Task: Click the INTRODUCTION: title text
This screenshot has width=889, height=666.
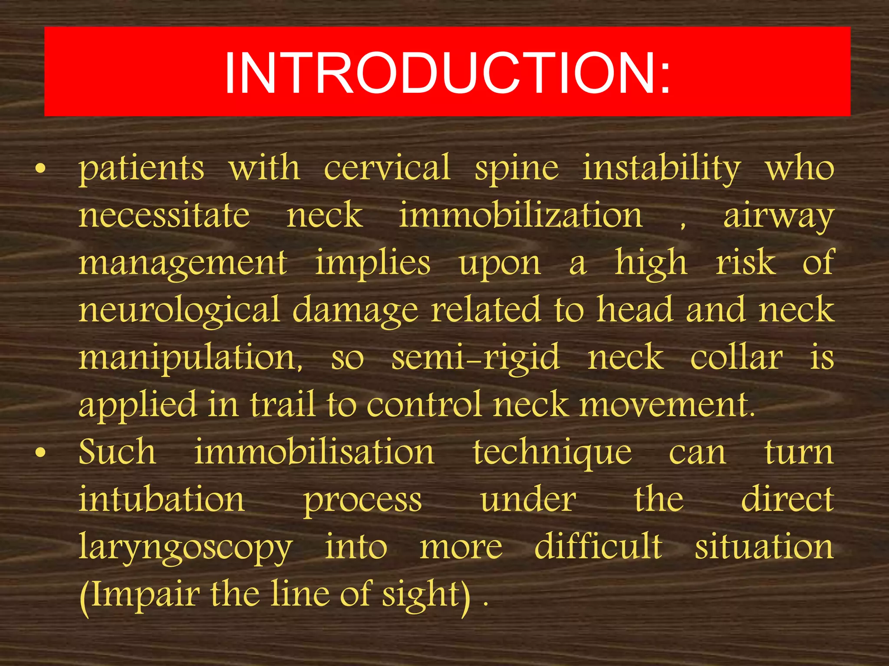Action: click(447, 72)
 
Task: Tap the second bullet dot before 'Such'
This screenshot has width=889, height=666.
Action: click(40, 453)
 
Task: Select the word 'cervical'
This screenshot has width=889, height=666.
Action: click(387, 168)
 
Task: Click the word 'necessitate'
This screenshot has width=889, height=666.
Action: click(164, 215)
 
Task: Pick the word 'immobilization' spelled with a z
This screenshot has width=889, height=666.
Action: click(520, 215)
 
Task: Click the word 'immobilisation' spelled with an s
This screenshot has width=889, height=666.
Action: click(314, 452)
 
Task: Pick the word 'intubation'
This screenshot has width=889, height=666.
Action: click(161, 499)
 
